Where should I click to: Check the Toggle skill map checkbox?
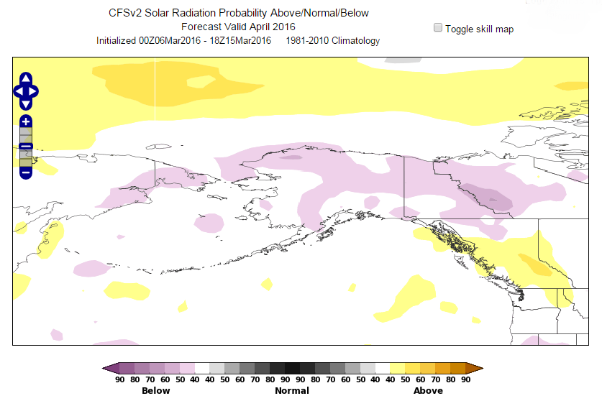coord(437,28)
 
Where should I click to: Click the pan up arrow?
coord(26,78)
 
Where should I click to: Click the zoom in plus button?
coord(26,121)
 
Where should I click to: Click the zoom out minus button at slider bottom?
coord(26,172)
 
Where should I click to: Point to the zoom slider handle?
coord(26,147)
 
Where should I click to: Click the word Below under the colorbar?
coord(156,390)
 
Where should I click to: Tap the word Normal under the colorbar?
coord(292,390)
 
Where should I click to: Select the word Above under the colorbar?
coord(428,390)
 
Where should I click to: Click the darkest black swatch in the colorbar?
coord(292,369)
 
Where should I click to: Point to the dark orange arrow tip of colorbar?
coord(478,369)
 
